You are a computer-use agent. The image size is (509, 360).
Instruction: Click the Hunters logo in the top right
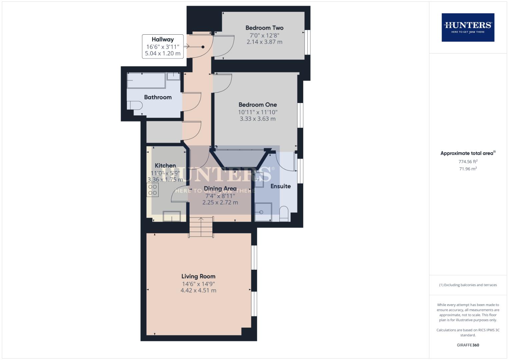tap(468, 27)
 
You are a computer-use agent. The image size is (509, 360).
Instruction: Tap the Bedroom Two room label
tap(264, 28)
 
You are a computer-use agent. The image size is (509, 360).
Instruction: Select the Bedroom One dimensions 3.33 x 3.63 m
tap(258, 119)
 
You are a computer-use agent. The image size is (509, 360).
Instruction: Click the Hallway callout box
tap(163, 46)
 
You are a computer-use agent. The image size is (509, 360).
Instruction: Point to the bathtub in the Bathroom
tap(146, 80)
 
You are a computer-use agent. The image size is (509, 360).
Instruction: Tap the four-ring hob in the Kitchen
tap(153, 190)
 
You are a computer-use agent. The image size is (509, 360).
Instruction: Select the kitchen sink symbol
tap(172, 216)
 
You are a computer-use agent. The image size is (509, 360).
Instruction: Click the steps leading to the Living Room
tap(201, 227)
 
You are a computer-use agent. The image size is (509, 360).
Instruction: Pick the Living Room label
tap(198, 276)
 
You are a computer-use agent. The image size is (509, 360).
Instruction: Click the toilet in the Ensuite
tap(284, 214)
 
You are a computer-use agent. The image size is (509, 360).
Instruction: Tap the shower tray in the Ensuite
tap(263, 212)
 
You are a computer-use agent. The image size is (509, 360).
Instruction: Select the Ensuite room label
tap(280, 186)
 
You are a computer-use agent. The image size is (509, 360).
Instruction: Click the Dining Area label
tap(220, 189)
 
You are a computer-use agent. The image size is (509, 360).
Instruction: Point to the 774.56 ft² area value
tap(468, 161)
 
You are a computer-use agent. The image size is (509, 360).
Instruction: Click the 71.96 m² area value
tap(468, 169)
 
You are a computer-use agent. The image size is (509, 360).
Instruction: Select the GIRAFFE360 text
tap(468, 345)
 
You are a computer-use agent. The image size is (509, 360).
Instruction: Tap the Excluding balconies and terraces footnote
tap(468, 285)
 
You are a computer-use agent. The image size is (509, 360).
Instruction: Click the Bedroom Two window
tap(307, 42)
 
